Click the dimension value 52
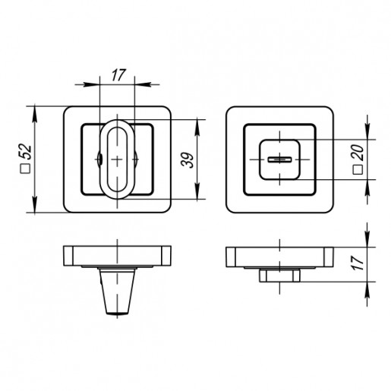27,152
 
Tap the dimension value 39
188,160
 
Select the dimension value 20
358,153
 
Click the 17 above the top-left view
118,75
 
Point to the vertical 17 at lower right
358,263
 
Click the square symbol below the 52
25,169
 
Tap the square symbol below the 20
358,170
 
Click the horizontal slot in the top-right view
279,159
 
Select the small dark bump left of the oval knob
100,159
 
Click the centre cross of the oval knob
117,159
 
